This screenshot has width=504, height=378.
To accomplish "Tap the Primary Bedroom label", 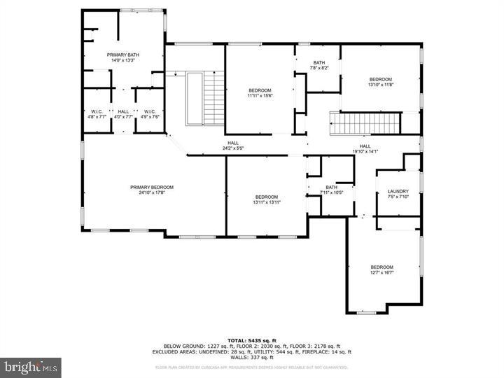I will coord(151,187).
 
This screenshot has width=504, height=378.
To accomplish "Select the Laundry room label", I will coord(398,191).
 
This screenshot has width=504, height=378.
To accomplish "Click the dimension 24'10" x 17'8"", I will coord(151,193).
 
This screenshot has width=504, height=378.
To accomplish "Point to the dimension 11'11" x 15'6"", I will coord(259,96).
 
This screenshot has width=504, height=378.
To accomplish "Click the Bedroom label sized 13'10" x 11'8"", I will coord(381,79).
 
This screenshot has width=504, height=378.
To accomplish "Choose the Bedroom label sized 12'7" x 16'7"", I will coord(381,267).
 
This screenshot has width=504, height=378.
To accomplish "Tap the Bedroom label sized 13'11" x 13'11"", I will coord(266,197).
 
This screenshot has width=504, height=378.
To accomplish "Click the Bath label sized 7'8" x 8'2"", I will coord(319,62).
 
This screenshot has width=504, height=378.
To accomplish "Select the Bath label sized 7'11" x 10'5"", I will coord(331,187).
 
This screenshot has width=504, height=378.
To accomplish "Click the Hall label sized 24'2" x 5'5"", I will coord(232,143).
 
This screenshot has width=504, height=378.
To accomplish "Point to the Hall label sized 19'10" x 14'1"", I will coord(364,146).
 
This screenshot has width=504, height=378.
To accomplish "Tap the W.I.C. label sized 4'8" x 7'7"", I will coord(97,111).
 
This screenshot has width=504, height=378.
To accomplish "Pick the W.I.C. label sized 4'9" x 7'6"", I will coord(149,111).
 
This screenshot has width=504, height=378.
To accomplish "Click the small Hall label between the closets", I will coord(123,111).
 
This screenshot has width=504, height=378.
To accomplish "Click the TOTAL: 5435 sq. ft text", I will coord(251,339).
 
